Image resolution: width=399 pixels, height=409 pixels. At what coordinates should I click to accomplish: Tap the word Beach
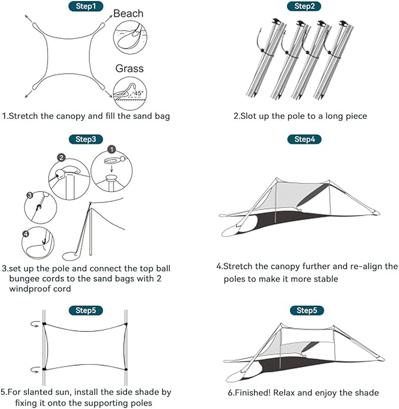128,13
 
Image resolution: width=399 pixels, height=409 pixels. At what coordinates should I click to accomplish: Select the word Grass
129,69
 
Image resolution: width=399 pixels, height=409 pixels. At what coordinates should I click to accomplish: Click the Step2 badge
304,6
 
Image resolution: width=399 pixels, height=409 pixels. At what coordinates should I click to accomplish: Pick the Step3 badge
86,139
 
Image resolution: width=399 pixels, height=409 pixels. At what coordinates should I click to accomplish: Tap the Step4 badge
304,139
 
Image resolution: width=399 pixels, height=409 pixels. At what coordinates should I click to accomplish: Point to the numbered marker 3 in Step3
29,195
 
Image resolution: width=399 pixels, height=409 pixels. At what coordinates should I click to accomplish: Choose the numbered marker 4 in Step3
25,234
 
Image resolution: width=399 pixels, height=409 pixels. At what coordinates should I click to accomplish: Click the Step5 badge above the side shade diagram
86,310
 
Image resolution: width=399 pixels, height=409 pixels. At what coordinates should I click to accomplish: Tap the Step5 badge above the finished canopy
304,310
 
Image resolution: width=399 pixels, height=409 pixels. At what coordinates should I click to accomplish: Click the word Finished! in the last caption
249,393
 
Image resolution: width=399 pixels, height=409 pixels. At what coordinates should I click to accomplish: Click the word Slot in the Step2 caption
250,116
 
